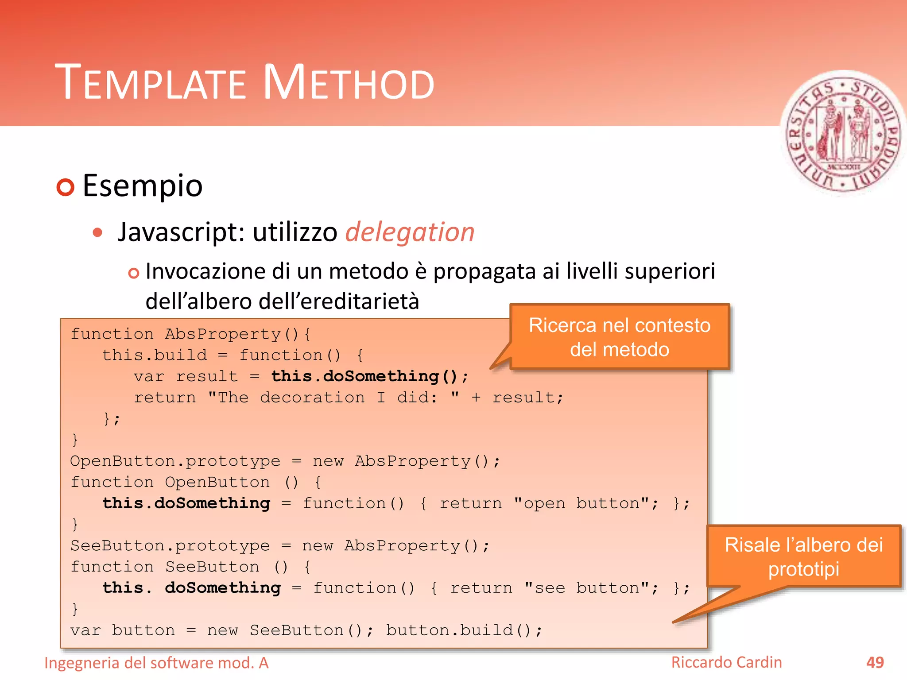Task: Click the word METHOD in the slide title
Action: click(x=349, y=83)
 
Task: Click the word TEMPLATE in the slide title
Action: click(x=151, y=83)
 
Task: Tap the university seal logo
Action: click(x=843, y=133)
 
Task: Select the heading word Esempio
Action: click(x=142, y=186)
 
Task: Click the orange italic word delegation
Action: click(x=410, y=232)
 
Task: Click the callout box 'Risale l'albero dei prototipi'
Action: click(x=803, y=556)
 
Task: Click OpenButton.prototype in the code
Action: click(x=175, y=461)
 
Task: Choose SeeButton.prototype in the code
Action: click(x=170, y=546)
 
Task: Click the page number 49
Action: click(x=875, y=663)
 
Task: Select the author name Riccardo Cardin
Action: click(x=726, y=662)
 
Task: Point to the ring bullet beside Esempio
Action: click(x=66, y=187)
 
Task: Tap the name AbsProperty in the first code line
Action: click(x=223, y=334)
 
